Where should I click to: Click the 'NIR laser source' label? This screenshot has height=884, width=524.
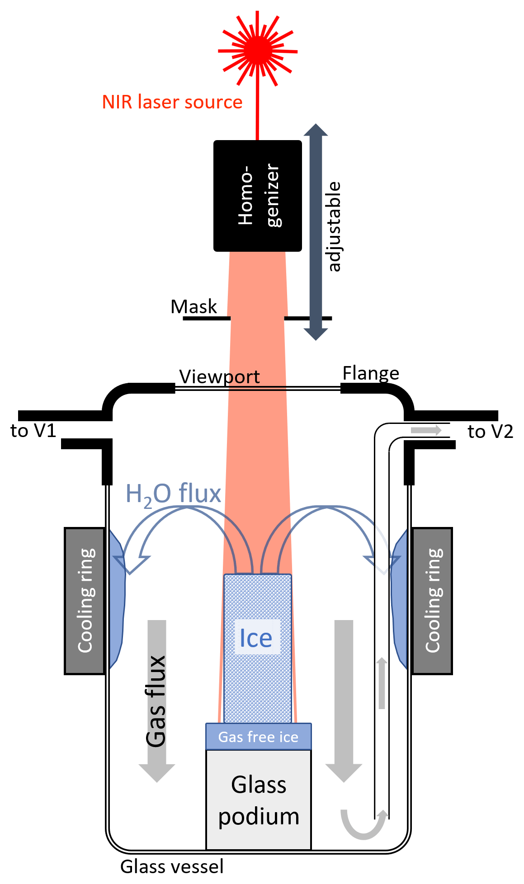(x=172, y=102)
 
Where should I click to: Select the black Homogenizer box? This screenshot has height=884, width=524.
(x=258, y=196)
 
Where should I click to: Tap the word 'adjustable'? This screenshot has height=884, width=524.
(x=334, y=226)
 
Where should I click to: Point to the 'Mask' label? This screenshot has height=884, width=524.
(x=194, y=307)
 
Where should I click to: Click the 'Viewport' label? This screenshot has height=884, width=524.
(x=219, y=376)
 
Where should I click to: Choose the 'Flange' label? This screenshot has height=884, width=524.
(x=371, y=373)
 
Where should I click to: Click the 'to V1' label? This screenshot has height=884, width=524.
(x=33, y=431)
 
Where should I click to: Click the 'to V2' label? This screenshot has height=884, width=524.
(x=491, y=432)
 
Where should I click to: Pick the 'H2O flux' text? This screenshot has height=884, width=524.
(x=173, y=494)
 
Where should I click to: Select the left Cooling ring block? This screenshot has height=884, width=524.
(x=85, y=601)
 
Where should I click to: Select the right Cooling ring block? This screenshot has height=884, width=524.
(x=432, y=601)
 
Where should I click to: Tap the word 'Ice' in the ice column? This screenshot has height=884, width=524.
(x=256, y=638)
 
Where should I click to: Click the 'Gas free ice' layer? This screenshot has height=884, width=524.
(x=258, y=737)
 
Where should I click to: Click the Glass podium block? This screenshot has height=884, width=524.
(x=259, y=800)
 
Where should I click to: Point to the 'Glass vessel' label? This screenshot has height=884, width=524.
(x=172, y=867)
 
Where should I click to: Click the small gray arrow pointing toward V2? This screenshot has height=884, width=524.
(x=426, y=430)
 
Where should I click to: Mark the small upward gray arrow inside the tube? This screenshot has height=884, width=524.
(x=382, y=683)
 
